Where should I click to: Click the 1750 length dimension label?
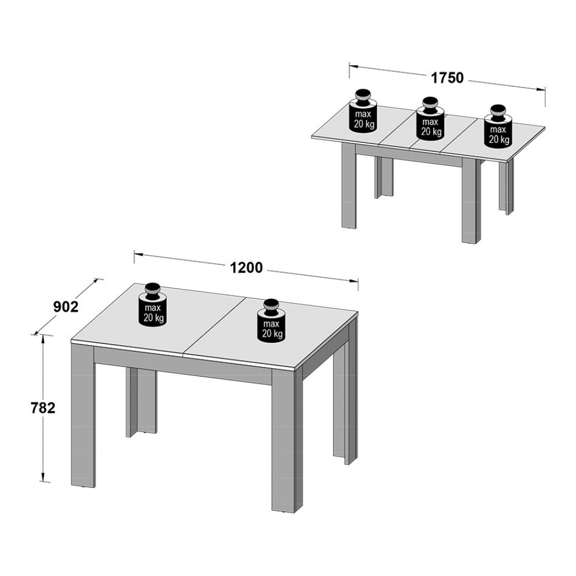(x=447, y=78)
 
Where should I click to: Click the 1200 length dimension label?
(x=247, y=267)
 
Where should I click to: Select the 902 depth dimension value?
(x=66, y=307)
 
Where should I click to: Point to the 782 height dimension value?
(x=43, y=408)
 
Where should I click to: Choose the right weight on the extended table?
(x=498, y=126)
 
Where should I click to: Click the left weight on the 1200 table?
(x=153, y=304)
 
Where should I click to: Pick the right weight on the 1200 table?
(x=271, y=320)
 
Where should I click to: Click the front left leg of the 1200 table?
(x=82, y=415)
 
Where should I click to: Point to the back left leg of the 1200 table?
(x=141, y=402)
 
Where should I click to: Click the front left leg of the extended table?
(x=349, y=186)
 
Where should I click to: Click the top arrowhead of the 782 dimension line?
(x=43, y=336)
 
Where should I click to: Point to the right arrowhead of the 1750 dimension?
(x=541, y=89)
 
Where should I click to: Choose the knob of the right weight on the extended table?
(x=498, y=111)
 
